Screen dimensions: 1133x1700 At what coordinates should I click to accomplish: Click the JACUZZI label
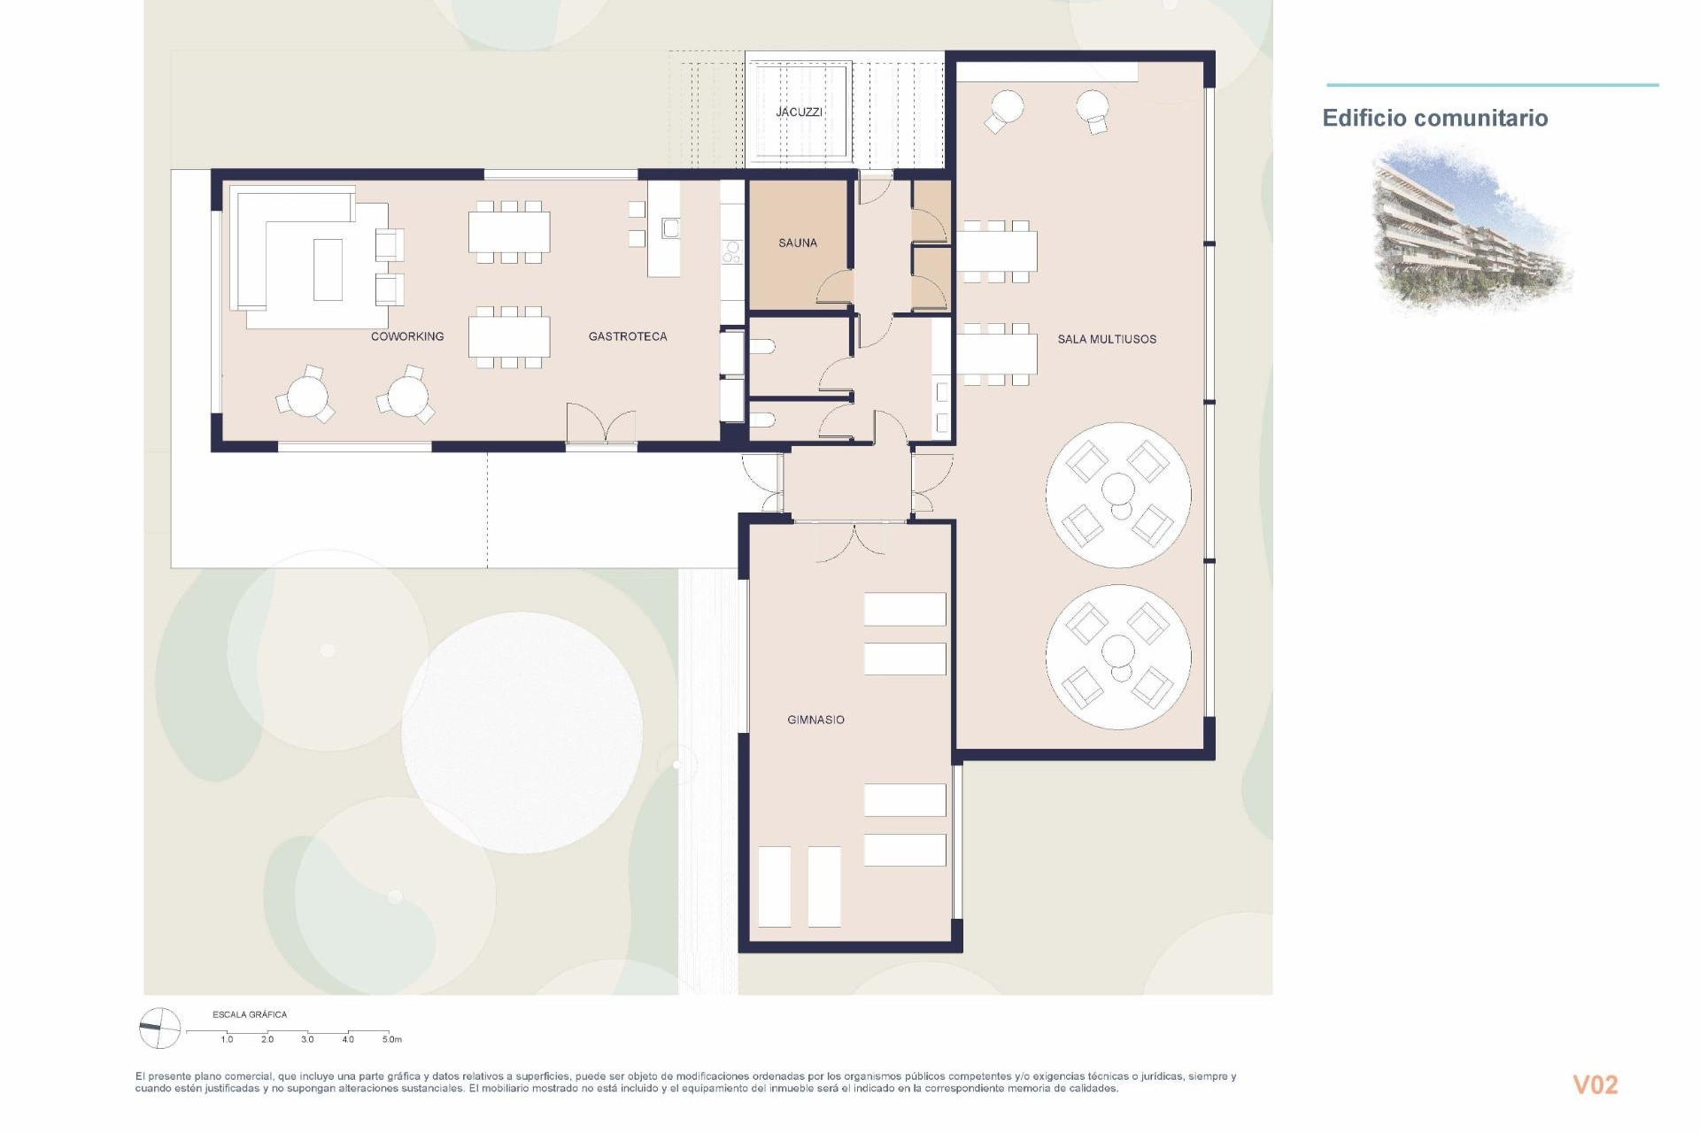[799, 112]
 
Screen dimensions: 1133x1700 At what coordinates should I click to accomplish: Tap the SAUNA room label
[798, 243]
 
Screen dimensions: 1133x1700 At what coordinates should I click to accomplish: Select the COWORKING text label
[407, 336]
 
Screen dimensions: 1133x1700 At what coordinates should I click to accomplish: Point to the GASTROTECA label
[628, 336]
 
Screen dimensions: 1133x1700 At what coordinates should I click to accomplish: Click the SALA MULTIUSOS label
[1107, 339]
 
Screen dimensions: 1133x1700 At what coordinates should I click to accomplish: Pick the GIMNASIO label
[815, 720]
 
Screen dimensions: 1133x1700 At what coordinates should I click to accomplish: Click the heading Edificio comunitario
[1434, 118]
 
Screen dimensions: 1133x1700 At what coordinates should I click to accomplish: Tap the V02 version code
[1595, 1084]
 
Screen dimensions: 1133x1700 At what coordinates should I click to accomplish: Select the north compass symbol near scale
[160, 1029]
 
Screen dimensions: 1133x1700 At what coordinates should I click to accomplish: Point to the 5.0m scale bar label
[391, 1039]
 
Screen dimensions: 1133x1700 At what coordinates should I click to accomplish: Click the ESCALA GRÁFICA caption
[250, 1014]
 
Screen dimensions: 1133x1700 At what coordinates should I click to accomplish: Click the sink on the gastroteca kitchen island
[669, 228]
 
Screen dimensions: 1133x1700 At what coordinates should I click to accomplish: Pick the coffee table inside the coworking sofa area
[328, 269]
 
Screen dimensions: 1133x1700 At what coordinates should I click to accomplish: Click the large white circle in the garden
[522, 732]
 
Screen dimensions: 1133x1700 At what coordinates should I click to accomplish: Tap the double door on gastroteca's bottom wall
[601, 425]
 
